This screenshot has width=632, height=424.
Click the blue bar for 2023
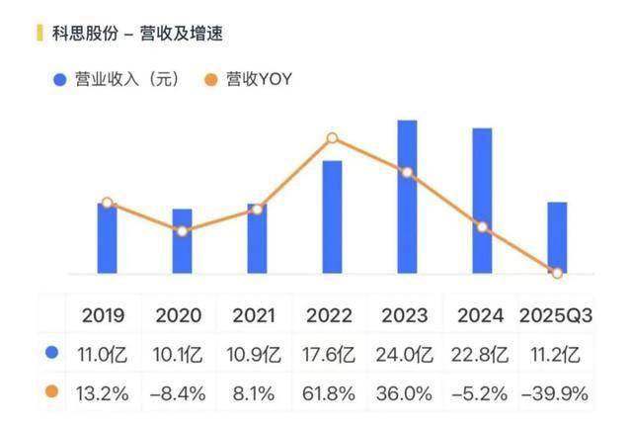click(x=407, y=197)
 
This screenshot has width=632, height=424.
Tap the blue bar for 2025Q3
click(x=557, y=237)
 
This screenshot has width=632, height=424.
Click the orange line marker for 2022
click(x=333, y=138)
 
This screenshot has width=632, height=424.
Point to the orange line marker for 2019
click(x=107, y=203)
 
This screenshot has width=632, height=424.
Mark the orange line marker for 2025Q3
click(x=557, y=273)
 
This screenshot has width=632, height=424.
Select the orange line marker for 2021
click(x=258, y=209)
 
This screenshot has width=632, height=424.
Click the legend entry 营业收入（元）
click(x=117, y=80)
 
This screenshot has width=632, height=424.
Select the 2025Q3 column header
click(x=556, y=315)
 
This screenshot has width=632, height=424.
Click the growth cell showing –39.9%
click(x=556, y=393)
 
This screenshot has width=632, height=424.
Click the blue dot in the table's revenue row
click(x=51, y=352)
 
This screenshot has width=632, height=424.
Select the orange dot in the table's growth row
click(x=51, y=392)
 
